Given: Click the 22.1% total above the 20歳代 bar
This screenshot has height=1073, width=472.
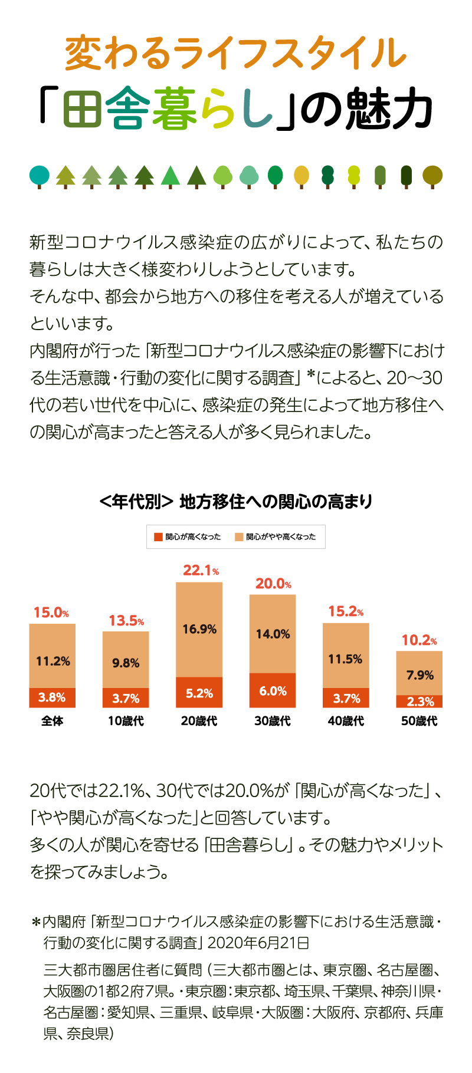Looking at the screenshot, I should [201, 570].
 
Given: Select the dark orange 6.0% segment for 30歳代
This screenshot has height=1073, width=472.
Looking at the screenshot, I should [273, 690].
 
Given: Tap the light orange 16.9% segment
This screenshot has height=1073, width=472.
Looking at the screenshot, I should [199, 629].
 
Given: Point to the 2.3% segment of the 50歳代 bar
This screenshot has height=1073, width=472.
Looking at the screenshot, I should [419, 702].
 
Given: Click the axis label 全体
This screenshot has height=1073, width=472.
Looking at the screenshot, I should [52, 720].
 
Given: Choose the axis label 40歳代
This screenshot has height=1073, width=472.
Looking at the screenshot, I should [346, 720].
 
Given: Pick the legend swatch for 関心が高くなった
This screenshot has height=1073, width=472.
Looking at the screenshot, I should [158, 536].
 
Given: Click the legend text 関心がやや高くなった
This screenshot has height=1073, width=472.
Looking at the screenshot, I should [281, 536].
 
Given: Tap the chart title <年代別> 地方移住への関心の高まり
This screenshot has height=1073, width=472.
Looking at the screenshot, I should [236, 502].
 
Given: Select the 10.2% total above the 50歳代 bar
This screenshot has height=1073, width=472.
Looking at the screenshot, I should [419, 640].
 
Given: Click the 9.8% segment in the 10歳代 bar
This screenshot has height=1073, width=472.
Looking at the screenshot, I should [126, 663].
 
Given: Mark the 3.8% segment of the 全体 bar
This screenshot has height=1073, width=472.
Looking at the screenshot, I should [52, 697].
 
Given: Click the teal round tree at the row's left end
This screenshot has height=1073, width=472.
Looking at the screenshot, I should [40, 175].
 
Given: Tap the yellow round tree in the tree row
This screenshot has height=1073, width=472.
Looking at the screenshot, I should [301, 175].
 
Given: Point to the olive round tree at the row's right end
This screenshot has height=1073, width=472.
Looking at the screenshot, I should [432, 175].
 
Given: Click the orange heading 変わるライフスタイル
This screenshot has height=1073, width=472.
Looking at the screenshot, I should [236, 53].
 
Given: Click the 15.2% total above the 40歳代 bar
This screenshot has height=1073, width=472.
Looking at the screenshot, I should [346, 611].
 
